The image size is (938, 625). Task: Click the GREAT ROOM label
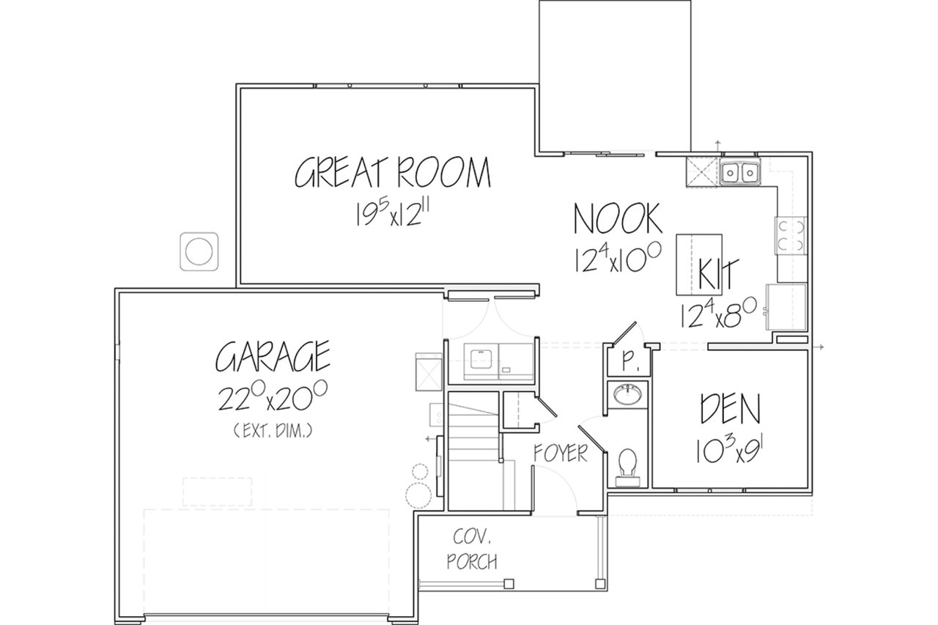pos(392,172)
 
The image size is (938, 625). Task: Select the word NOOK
pos(618,218)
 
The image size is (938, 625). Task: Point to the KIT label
pos(717,273)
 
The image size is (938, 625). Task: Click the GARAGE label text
pos(273,356)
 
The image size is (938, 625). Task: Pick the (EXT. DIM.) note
pos(273,430)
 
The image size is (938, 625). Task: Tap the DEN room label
pos(731,408)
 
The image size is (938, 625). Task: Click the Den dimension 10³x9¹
pos(731,450)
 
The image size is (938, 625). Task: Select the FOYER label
pos(561,453)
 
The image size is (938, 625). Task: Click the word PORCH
pos(472,562)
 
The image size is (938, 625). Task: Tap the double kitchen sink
pos(740,171)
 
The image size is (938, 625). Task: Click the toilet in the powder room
pos(627,468)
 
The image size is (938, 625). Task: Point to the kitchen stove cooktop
pos(791,235)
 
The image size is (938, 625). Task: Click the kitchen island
pos(699,265)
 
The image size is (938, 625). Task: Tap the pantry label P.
pos(628,360)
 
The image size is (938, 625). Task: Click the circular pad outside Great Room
pos(199,251)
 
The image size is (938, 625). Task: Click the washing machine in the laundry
pos(481,361)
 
